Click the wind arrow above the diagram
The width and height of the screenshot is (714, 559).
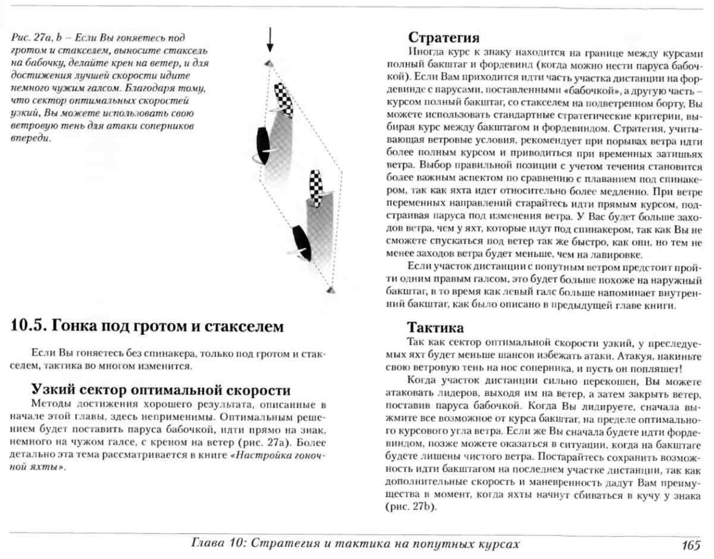[270, 40]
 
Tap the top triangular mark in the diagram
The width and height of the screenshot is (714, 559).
[269, 63]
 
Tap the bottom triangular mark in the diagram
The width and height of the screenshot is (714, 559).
[331, 290]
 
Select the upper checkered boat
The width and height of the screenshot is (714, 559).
[284, 99]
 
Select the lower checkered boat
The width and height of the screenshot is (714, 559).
[316, 188]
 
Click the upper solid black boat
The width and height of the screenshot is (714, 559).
[263, 145]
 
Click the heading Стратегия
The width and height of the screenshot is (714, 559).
[443, 37]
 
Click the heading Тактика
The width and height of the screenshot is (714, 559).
[435, 328]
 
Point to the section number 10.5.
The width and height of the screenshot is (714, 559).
[28, 326]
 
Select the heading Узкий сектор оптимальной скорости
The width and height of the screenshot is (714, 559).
[161, 390]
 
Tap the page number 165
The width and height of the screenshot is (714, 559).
[691, 545]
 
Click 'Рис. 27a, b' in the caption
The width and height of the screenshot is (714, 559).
[36, 38]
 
